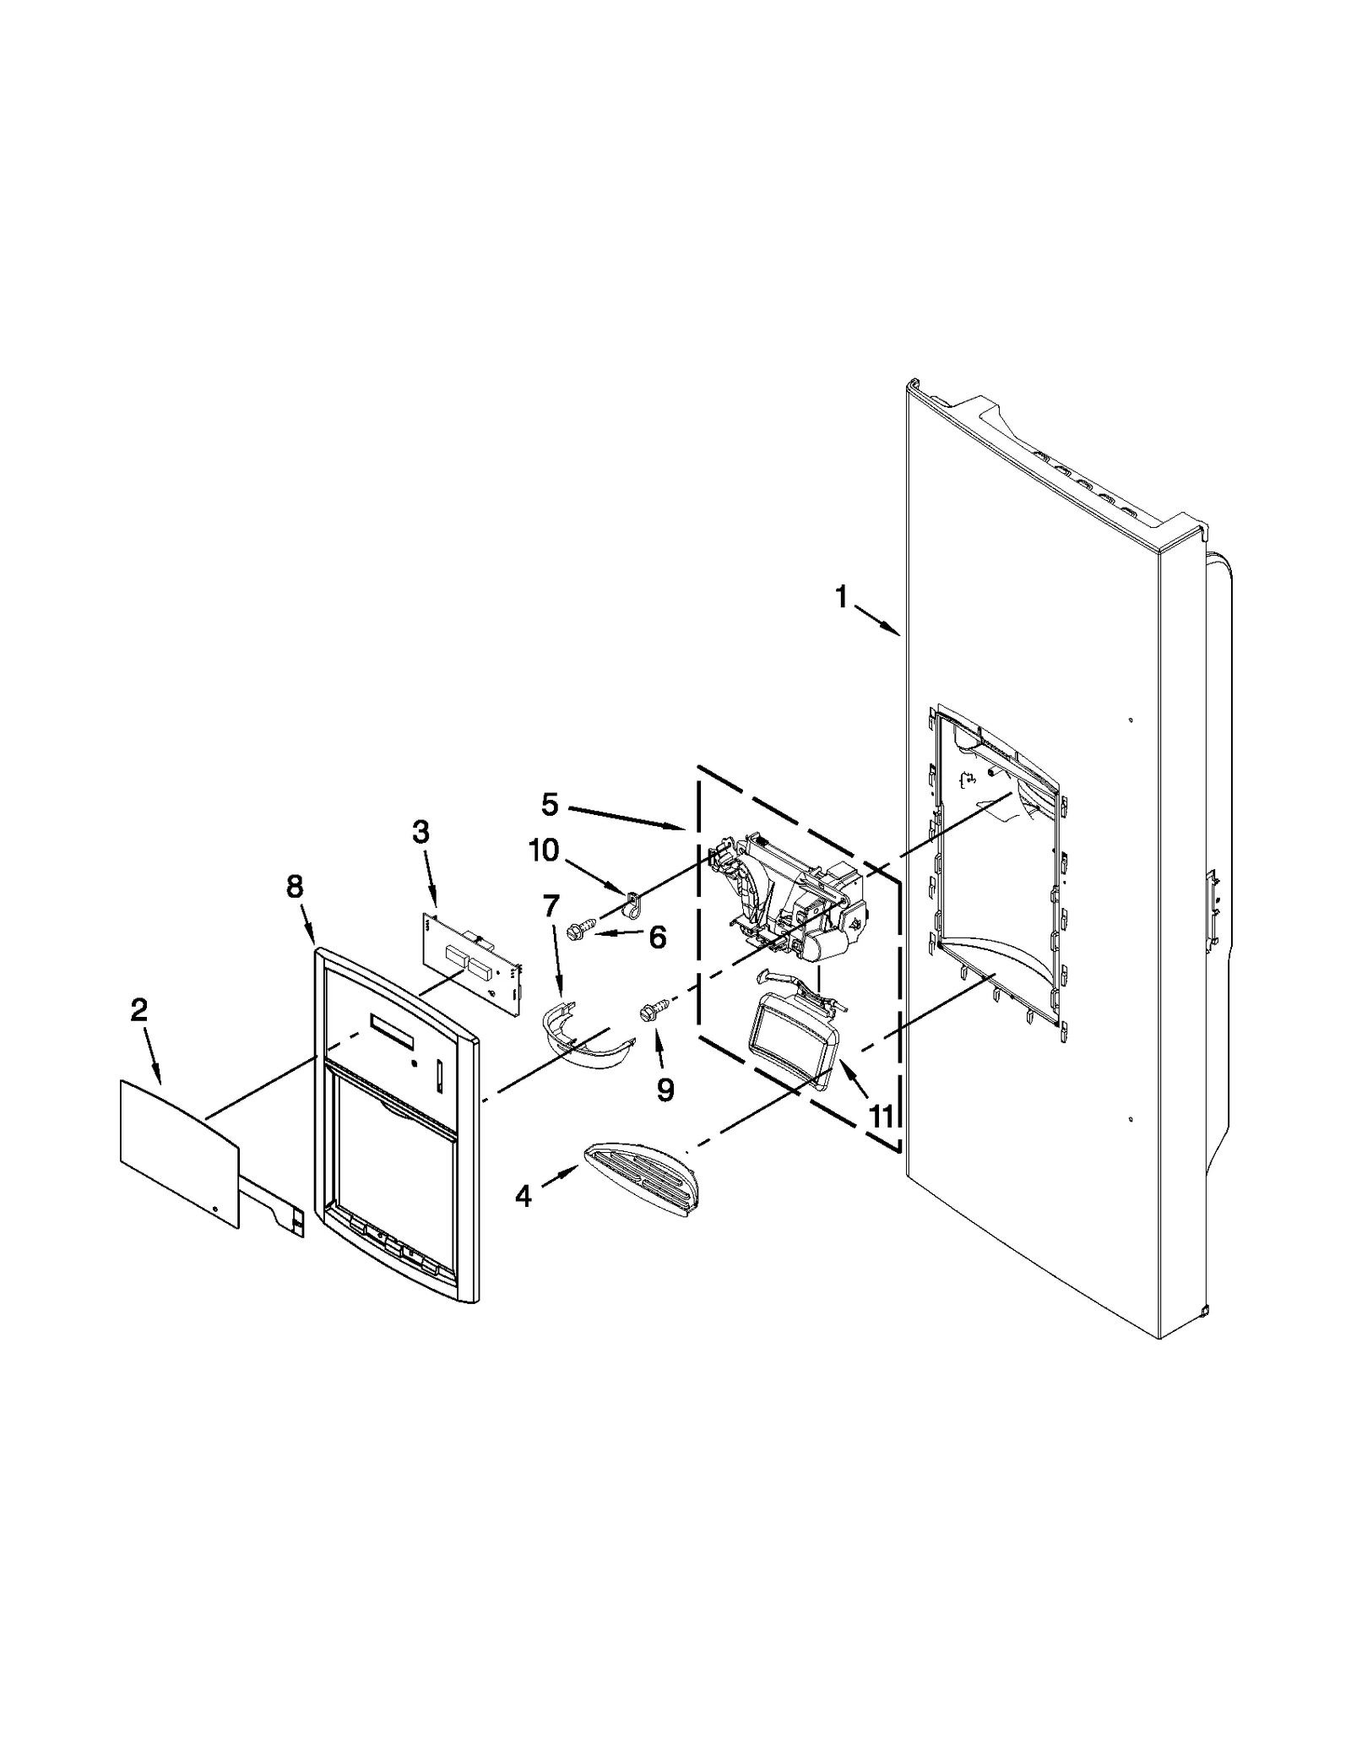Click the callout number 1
pos(841,597)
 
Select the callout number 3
pos(420,832)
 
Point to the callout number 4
pos(524,1195)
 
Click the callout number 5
pos(550,804)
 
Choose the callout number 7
pos(551,906)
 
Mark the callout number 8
pos(294,887)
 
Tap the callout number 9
pos(665,1090)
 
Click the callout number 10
pos(544,850)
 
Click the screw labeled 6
pos(583,930)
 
